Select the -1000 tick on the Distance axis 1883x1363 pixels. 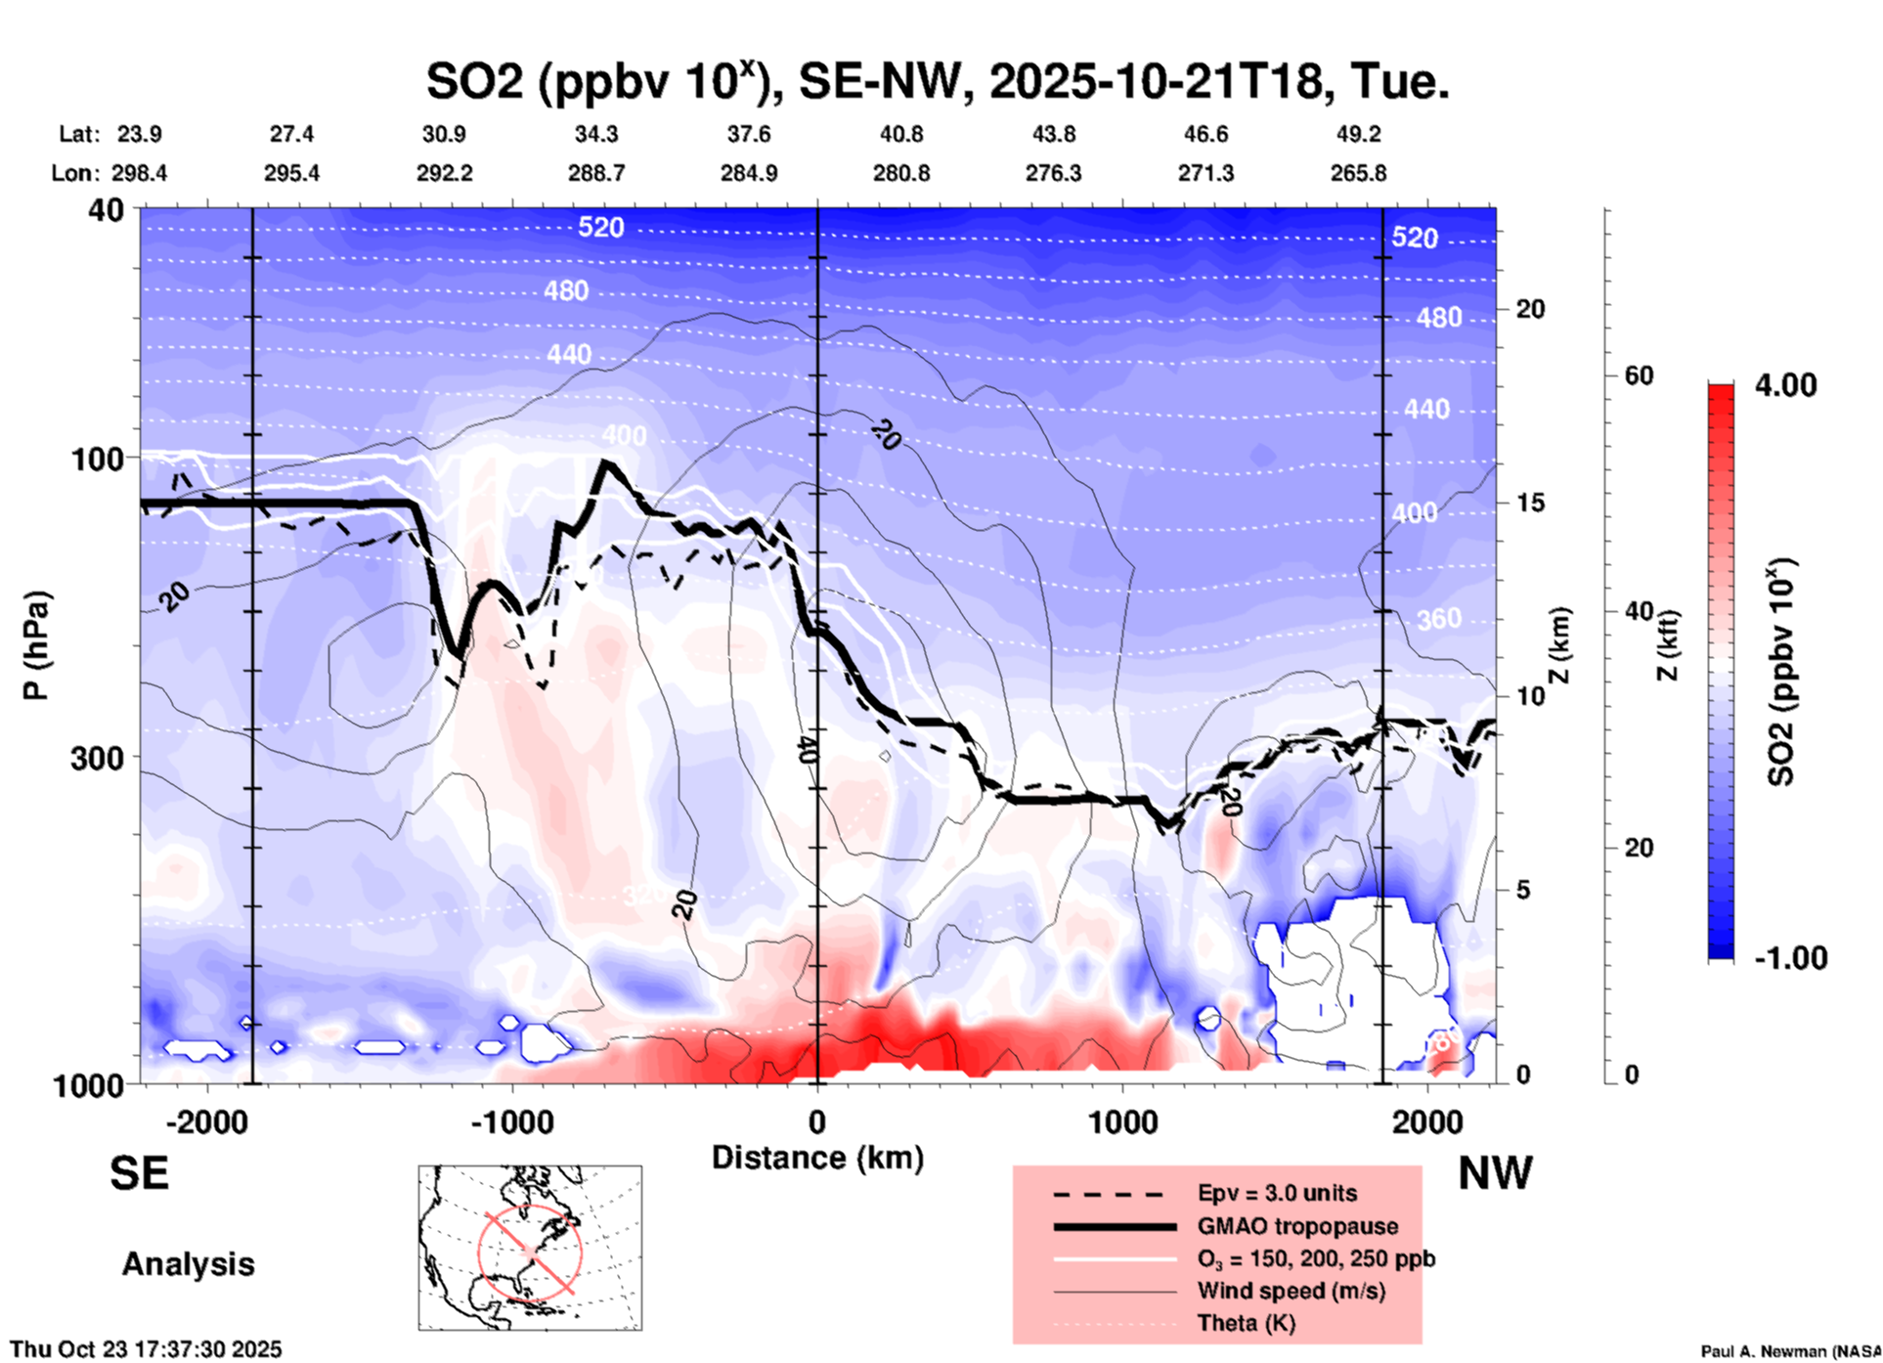pos(512,1122)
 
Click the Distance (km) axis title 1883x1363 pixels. pos(817,1158)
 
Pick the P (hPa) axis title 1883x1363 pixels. pos(36,645)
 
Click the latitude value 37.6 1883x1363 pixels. pos(749,134)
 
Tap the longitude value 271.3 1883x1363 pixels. pos(1205,173)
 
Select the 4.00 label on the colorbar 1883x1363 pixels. pos(1785,385)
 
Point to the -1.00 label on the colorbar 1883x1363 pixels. pos(1790,958)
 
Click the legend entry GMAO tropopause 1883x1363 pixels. pos(1297,1226)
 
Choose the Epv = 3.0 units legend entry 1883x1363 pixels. pos(1277,1193)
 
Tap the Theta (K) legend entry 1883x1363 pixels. pos(1246,1323)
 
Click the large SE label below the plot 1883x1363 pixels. pos(139,1173)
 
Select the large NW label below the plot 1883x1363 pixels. pos(1495,1173)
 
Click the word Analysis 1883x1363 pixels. pos(188,1264)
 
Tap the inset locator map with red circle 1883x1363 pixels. pos(530,1248)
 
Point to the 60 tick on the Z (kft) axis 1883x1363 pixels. pos(1640,375)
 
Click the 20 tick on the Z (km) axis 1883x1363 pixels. pos(1530,310)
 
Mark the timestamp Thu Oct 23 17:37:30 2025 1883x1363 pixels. pos(147,1349)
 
